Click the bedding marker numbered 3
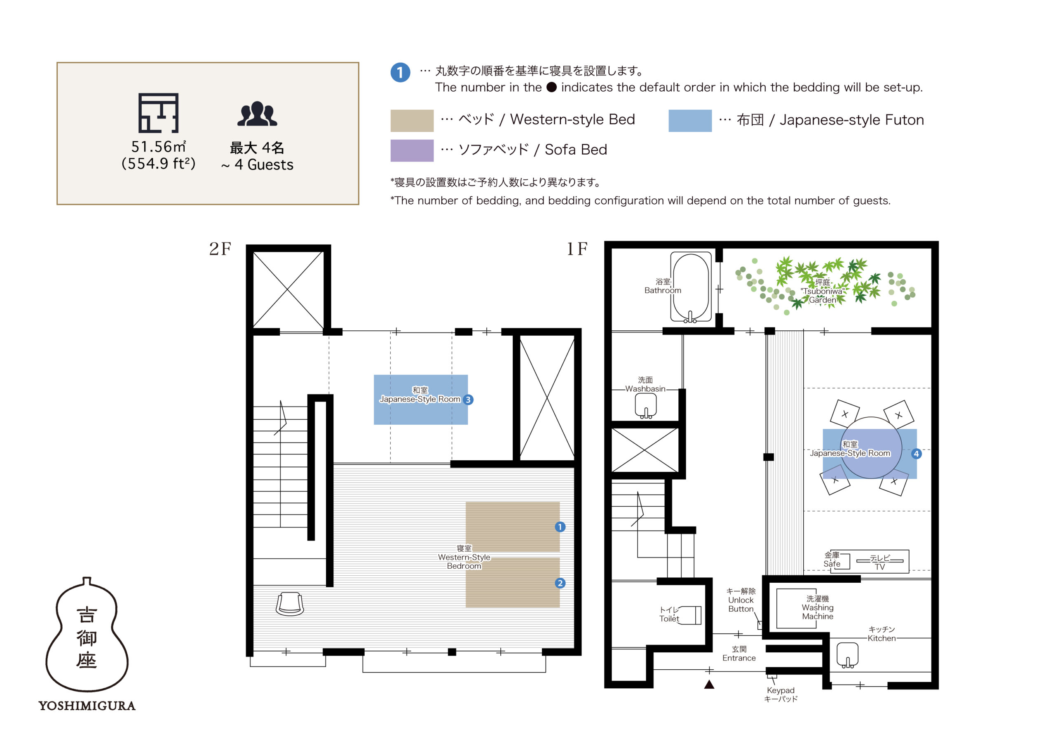pos(468,400)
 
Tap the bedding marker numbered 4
pos(916,454)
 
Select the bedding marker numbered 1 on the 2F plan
pos(560,527)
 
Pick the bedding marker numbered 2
pos(560,583)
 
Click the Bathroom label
pos(663,286)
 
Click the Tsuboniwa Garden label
pos(823,291)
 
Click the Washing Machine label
pos(818,607)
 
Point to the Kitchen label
pos(882,634)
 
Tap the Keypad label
pos(780,694)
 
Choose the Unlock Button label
pos(741,600)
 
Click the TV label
pos(879,562)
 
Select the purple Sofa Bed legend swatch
pos(412,151)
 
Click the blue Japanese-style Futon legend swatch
pos(690,120)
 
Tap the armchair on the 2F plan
pos(289,604)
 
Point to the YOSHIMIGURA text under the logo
pos(87,706)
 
